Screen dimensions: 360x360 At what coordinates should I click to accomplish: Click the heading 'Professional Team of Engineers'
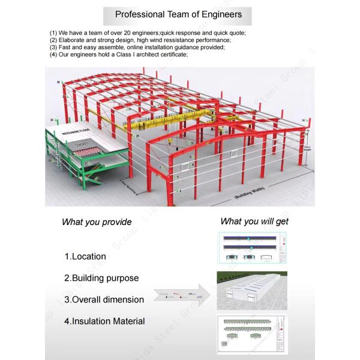pyautogui.click(x=178, y=14)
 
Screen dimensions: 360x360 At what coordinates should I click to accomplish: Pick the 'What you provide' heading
pyautogui.click(x=97, y=222)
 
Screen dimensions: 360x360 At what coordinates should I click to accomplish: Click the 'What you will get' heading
pyautogui.click(x=254, y=221)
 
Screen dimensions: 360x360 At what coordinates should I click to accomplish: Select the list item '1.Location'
pyautogui.click(x=85, y=257)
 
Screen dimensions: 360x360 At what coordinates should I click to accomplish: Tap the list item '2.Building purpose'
pyautogui.click(x=101, y=278)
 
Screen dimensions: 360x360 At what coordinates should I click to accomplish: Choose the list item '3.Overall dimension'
pyautogui.click(x=104, y=299)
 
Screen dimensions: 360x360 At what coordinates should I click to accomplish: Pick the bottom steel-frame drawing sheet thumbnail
pyautogui.click(x=252, y=335)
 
